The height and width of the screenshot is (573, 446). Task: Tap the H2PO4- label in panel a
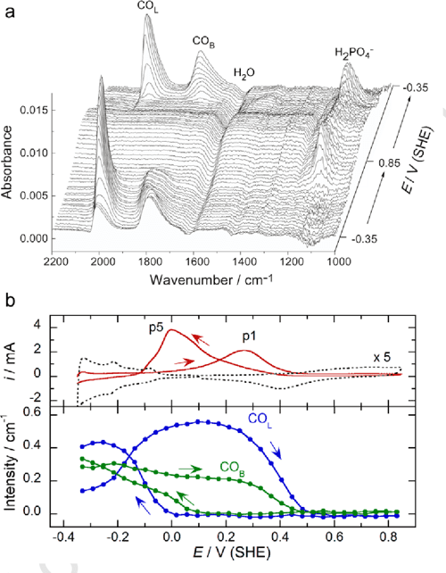[x=355, y=52]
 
